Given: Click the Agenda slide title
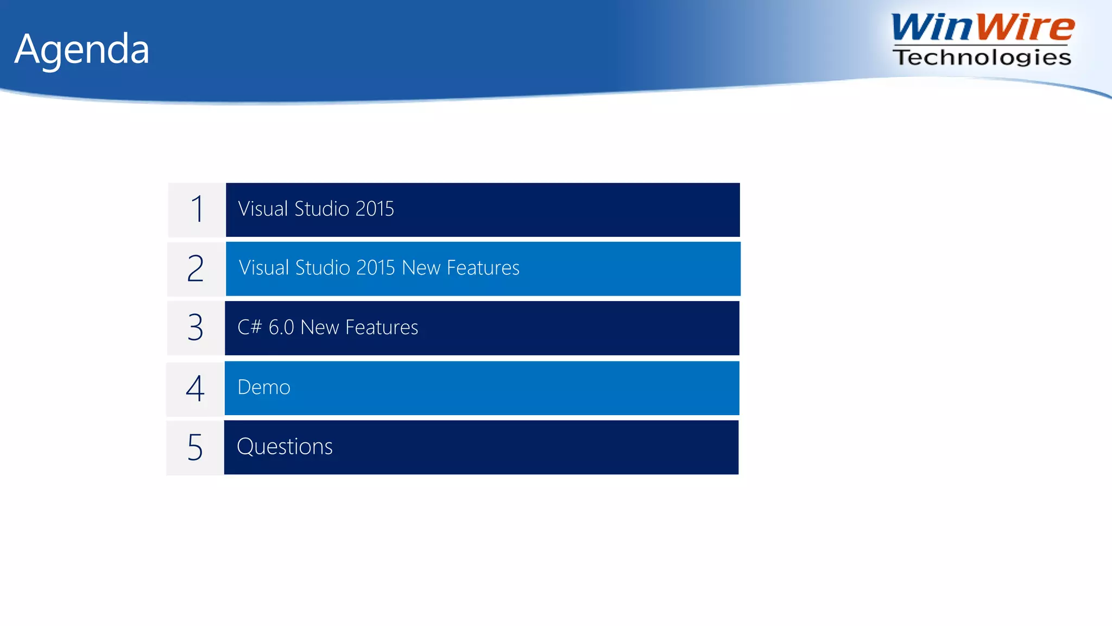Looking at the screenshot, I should [x=81, y=49].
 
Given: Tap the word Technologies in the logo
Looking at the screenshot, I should [x=982, y=57].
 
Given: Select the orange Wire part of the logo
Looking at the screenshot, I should [x=1028, y=27].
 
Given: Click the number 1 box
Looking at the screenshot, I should [x=197, y=210].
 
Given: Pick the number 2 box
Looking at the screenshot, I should [x=195, y=269].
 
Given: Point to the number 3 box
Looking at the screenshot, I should [x=195, y=328].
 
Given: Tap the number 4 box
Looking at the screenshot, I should [x=195, y=388].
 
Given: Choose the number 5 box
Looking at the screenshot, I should [x=195, y=447].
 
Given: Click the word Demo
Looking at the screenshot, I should [x=264, y=387].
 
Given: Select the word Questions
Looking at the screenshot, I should [x=285, y=447].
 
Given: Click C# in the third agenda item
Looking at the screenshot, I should [x=250, y=327].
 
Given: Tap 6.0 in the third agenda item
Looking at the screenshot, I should [x=281, y=327].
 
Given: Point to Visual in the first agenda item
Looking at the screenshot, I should [x=263, y=209].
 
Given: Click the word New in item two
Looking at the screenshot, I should [x=421, y=268].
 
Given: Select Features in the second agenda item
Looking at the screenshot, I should [x=483, y=268].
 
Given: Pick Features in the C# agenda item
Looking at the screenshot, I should [x=382, y=327].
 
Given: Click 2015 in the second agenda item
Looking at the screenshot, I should [x=376, y=268].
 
